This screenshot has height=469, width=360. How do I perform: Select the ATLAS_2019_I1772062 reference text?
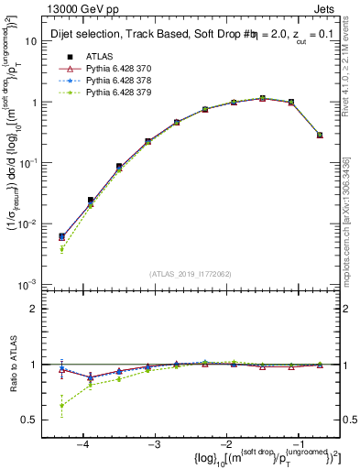(190, 274)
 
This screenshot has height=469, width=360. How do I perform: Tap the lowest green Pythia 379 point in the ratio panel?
(61, 406)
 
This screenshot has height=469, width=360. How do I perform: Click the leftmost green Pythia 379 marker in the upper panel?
(61, 249)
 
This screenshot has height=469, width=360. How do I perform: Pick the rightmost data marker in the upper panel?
(319, 135)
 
